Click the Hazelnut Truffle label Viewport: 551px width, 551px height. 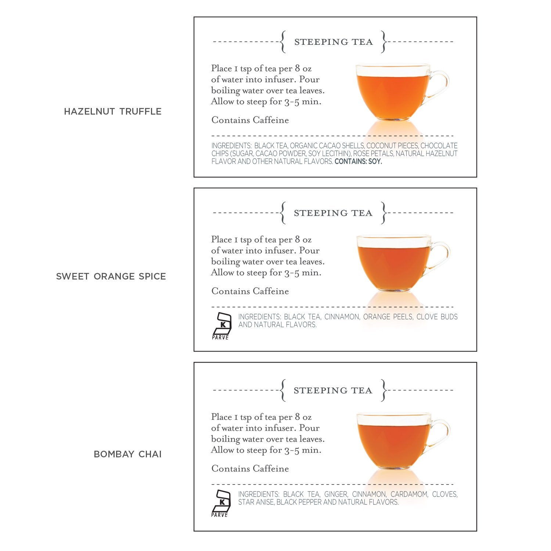113,111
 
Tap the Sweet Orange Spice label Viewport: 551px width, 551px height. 111,276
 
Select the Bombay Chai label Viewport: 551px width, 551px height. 127,454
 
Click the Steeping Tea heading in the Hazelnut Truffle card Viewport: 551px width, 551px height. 333,42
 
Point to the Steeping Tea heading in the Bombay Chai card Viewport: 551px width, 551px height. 333,390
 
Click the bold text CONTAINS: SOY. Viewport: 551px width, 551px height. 358,161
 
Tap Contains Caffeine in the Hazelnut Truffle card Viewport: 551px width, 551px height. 250,120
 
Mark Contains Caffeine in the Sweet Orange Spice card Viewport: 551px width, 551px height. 250,291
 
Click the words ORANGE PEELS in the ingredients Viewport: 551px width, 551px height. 388,317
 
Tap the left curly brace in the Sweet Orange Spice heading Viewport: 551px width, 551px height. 282,213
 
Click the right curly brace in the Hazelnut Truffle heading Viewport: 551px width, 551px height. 384,42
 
